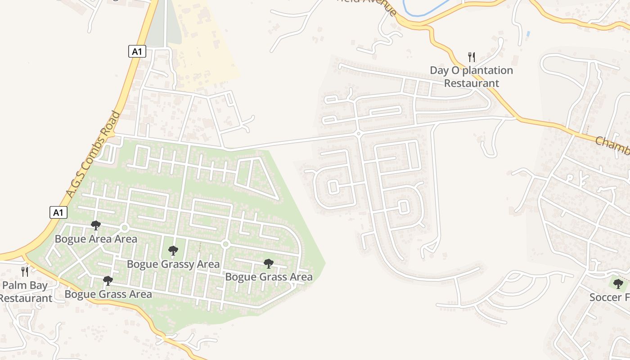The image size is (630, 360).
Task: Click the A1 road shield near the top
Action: pos(137,51)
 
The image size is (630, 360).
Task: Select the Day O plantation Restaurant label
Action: pos(471,76)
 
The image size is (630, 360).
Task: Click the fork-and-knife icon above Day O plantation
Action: pos(471,57)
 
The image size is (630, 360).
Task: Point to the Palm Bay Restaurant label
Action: pos(26,292)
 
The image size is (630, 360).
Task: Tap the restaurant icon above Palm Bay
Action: pos(25,271)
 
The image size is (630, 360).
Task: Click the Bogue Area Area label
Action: pos(96,238)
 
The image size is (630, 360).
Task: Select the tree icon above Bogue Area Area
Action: pos(95,225)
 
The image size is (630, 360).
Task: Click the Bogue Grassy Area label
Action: pos(173,264)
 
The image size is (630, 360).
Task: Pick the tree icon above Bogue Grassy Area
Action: pos(173,250)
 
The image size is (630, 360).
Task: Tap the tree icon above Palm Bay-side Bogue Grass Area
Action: pos(108,281)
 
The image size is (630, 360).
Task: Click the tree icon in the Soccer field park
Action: pos(618,283)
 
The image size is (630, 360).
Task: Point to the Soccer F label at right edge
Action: pos(609,297)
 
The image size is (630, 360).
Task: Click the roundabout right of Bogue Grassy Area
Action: pos(226,244)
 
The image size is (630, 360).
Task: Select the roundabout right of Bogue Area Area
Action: pos(125,228)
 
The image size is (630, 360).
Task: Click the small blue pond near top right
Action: pos(528,34)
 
